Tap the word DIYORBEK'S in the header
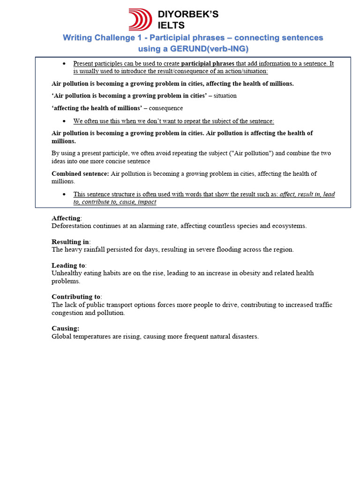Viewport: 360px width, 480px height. click(188, 15)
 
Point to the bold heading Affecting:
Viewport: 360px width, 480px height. click(66, 218)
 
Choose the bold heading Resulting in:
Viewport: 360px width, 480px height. click(69, 242)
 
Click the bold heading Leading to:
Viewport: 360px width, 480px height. click(68, 265)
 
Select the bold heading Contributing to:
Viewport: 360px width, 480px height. click(76, 297)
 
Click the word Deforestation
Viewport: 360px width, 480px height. click(72, 226)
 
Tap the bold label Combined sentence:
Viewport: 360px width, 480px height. click(80, 173)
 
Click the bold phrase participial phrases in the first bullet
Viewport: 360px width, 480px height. click(208, 63)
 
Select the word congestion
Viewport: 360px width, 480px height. click(67, 313)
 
